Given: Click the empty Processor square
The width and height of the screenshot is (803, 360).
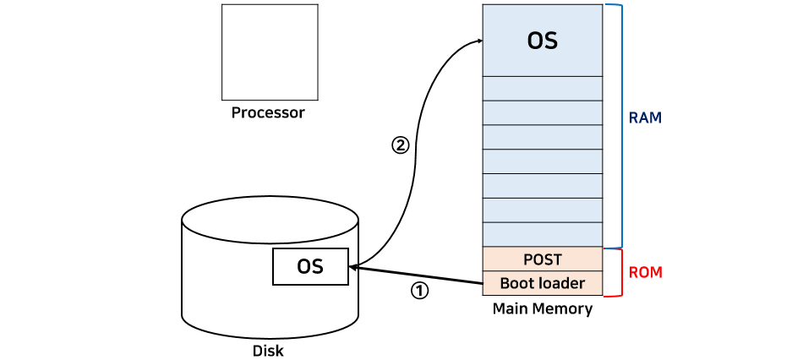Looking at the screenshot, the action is (x=270, y=52).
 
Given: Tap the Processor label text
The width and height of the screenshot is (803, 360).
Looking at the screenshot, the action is (x=268, y=112).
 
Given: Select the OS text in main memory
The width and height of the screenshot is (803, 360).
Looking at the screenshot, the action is (x=543, y=41).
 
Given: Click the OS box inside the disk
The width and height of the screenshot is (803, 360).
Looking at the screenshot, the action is (x=310, y=266).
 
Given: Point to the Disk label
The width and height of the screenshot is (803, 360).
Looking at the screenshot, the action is (x=268, y=352).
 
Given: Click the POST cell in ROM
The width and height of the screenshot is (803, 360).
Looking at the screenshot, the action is (x=543, y=259).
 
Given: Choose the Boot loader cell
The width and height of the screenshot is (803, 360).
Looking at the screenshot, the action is (x=543, y=283).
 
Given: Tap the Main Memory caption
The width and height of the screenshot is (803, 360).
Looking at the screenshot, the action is (x=543, y=309).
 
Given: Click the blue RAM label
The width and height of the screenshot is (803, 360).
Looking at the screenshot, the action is (x=645, y=118).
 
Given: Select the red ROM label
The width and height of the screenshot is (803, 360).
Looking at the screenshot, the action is (x=645, y=273).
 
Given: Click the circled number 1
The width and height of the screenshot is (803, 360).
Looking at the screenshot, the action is (x=419, y=292).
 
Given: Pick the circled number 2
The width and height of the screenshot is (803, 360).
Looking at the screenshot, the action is (x=401, y=146).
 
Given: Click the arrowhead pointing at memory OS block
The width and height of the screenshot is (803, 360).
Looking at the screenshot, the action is (x=478, y=41).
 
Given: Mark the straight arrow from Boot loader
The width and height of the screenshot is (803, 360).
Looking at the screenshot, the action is (x=416, y=275).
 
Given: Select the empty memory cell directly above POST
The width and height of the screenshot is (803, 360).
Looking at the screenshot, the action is (x=543, y=235).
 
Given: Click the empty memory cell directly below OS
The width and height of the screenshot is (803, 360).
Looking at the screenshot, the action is (x=543, y=89).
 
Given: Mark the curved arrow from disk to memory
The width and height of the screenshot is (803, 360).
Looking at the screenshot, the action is (x=416, y=154).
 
